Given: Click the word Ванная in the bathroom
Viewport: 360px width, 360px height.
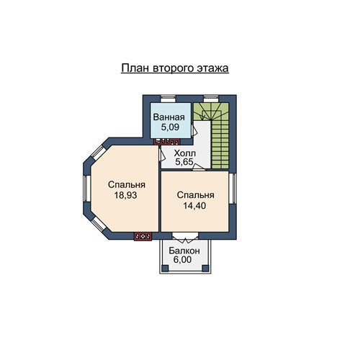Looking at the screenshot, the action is [169, 117].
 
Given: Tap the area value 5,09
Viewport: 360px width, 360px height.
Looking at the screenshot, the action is [170, 127].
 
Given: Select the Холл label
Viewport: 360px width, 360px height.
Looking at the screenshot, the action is [185, 153].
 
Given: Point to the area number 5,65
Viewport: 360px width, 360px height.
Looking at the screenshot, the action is [184, 162].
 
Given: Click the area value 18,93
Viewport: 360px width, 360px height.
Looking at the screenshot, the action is [125, 195].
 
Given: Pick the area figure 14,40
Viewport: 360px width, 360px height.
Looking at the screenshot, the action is [194, 206].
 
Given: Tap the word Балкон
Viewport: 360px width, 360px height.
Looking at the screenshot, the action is [184, 251].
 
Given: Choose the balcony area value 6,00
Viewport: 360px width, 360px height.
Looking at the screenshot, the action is [182, 260].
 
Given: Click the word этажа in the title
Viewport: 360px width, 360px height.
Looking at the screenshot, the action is [212, 68].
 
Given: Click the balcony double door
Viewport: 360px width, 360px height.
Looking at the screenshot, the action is [185, 237].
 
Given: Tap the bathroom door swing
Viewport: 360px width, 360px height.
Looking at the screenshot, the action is [194, 130].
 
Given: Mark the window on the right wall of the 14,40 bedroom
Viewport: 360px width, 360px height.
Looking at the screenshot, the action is [232, 189].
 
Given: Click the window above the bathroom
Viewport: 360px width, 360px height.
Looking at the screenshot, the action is [168, 99].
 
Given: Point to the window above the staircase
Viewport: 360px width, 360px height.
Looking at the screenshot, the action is [211, 99].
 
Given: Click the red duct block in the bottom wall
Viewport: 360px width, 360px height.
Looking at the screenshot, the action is [143, 236].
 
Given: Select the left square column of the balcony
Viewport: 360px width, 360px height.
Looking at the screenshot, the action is [165, 269].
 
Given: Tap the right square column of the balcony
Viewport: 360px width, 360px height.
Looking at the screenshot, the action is [205, 269].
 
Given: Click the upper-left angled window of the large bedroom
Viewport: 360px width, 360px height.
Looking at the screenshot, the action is [98, 153].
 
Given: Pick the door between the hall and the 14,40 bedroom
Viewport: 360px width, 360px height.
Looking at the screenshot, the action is [199, 167].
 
